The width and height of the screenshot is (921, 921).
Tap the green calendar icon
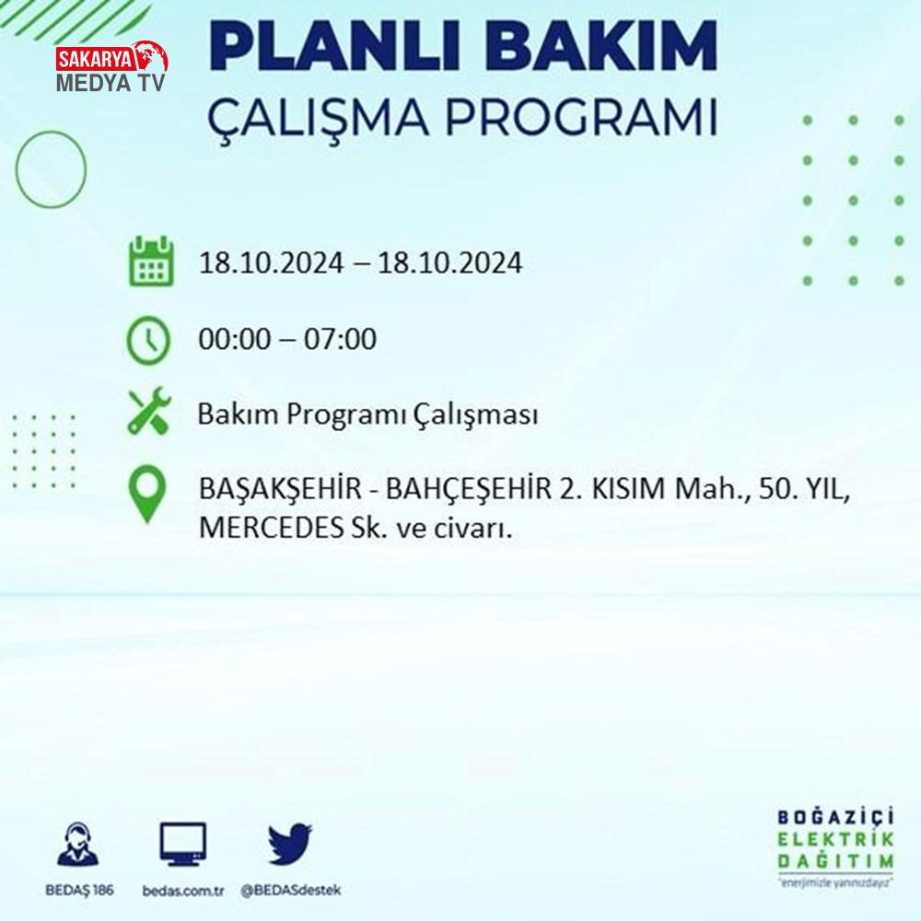point(151,262)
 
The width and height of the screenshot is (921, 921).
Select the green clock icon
point(148,340)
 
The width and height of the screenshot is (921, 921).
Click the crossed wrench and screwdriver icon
point(149,411)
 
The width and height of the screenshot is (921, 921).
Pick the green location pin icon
point(146,494)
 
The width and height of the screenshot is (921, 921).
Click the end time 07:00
point(340,340)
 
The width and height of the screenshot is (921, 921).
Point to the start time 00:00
point(235,340)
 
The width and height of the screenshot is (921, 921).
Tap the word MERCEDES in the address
point(272,528)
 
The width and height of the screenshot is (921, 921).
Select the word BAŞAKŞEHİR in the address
point(280,488)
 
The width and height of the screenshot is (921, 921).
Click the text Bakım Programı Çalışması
point(367,414)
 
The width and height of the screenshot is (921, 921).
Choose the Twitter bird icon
point(289,844)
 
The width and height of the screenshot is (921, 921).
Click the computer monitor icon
point(183,844)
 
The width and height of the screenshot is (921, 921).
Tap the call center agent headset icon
point(78,844)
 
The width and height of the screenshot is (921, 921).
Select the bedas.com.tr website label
point(183,891)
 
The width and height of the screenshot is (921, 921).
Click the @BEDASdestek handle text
point(291,891)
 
